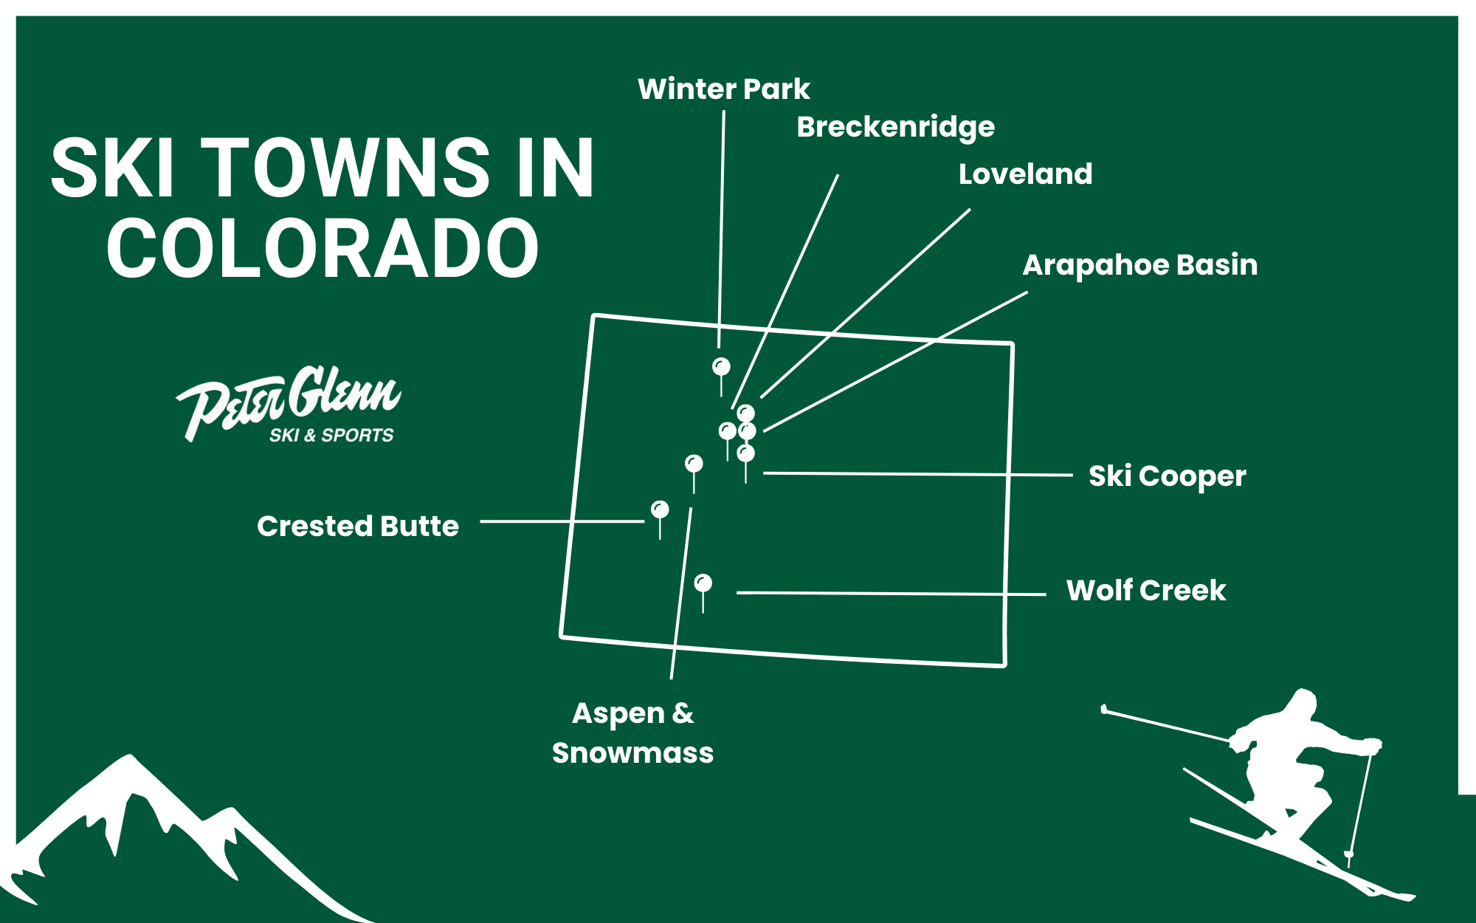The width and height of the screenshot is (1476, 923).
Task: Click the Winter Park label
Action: coord(723,89)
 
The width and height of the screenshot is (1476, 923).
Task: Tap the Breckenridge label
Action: coord(895,127)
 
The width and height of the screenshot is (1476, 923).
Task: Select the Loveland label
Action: coord(1025,174)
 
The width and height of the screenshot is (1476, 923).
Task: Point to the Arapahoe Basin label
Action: coord(1139,265)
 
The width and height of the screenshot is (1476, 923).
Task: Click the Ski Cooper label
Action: coord(1167,476)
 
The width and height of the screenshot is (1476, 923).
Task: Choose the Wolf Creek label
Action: coord(1145,591)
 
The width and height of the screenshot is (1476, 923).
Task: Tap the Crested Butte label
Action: coord(358,526)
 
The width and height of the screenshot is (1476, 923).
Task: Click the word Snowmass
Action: coord(632,753)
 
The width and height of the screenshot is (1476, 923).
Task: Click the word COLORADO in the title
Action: coord(323,249)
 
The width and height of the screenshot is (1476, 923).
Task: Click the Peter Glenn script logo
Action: coord(288,399)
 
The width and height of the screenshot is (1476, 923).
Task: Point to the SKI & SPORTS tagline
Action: coord(331,436)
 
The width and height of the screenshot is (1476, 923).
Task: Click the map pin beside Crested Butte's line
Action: coord(660,509)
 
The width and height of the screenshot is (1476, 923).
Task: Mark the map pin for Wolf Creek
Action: coord(703,583)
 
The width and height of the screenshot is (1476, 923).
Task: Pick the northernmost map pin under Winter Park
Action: coord(721,366)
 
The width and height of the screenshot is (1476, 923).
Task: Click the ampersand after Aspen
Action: coord(683,713)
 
